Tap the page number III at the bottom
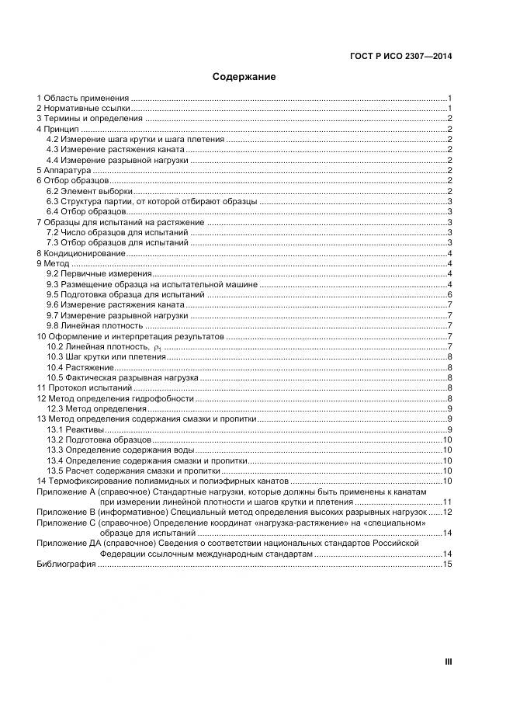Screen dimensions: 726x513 coord(448,662)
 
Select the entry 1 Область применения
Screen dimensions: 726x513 coord(82,98)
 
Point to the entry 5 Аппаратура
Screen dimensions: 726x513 coord(64,170)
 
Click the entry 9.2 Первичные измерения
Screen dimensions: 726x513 coord(98,274)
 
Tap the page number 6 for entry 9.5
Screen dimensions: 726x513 coord(449,295)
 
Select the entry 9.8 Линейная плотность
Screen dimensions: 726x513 coord(95,326)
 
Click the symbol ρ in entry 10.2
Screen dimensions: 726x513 coord(157,347)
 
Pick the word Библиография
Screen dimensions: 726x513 coord(66,564)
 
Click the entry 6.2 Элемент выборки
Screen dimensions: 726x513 coord(88,191)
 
